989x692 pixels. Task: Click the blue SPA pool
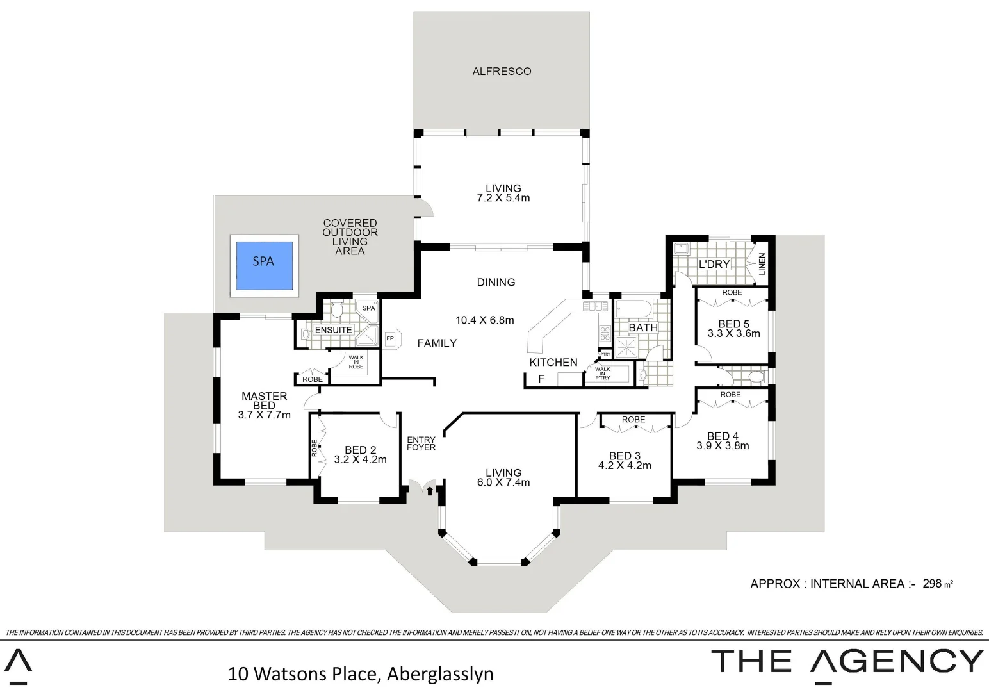coord(263,265)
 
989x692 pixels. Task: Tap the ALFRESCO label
coord(502,71)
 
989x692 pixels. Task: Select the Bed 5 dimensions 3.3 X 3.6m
coord(733,334)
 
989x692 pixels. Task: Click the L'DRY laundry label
coord(714,264)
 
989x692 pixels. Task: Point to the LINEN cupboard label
coord(762,264)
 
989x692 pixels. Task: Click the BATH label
coord(642,327)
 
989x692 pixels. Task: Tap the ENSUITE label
coord(333,330)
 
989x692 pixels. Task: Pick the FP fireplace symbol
coord(389,338)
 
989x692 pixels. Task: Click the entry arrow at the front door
coord(429,491)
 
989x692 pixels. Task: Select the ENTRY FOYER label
coord(421,443)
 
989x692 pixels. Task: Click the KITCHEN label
coord(553,362)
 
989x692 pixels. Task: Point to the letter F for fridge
coord(541,379)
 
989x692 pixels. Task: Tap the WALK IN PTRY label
coord(602,374)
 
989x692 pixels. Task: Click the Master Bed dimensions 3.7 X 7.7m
coord(264,415)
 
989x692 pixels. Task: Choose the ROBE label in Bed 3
coord(633,420)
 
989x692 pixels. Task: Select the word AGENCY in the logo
coord(896,661)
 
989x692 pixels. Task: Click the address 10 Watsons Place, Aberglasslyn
coord(361,674)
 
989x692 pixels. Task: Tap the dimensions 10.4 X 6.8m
coord(484,320)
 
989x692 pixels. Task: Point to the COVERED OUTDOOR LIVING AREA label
coord(350,237)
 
